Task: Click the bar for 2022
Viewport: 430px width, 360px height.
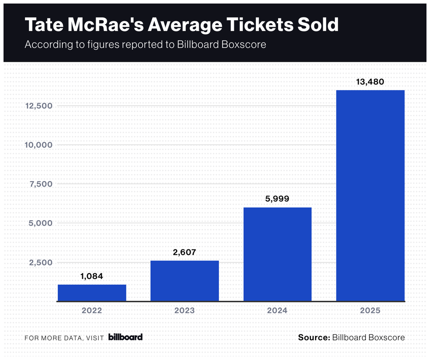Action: (x=92, y=292)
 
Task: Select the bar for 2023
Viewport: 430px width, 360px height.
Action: (x=184, y=281)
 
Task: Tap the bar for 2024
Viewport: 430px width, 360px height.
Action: (x=277, y=254)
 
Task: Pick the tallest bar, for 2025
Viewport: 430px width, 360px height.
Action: (x=370, y=196)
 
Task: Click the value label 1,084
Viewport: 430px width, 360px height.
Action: (x=92, y=276)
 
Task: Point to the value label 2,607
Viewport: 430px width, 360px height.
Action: (x=184, y=252)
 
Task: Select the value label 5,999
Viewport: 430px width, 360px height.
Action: (x=277, y=199)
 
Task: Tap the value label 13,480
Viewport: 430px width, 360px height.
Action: (x=370, y=82)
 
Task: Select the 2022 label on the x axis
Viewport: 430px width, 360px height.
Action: (x=92, y=310)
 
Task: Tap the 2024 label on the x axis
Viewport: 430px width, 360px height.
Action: (x=277, y=310)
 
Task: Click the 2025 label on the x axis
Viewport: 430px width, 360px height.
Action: (x=370, y=310)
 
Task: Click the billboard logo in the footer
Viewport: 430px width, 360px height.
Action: (x=125, y=337)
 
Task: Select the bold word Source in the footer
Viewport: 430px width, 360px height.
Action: (x=314, y=337)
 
